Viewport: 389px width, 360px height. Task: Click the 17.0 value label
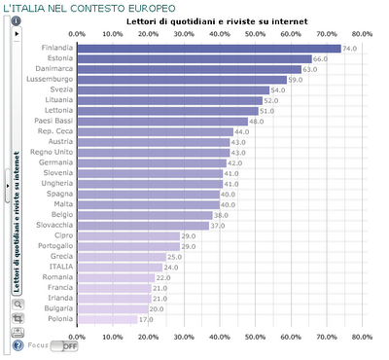pos(146,318)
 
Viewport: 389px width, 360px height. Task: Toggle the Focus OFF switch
pos(69,345)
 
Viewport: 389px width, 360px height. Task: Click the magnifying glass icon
pos(18,303)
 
